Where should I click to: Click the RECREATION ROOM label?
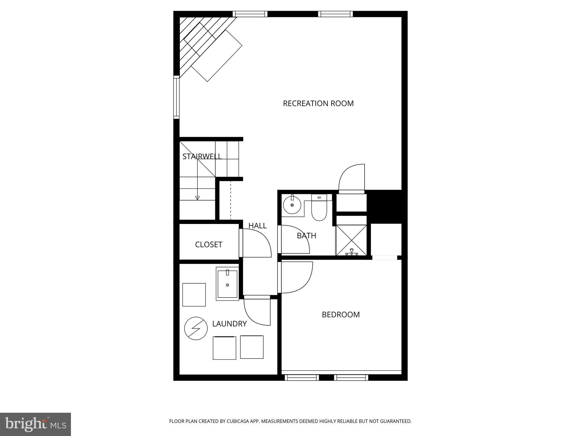point(318,103)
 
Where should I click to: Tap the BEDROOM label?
point(341,315)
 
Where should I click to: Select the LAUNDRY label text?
point(230,324)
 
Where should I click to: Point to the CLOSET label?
point(209,244)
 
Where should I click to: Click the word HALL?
point(258,226)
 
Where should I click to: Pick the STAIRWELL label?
point(202,156)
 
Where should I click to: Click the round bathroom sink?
point(292,204)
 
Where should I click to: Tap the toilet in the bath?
point(319,207)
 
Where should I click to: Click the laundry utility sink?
point(227,284)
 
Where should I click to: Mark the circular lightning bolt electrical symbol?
point(196,328)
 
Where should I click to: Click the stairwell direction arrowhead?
point(197,198)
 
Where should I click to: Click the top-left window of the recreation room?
point(250,14)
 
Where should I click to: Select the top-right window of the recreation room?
point(335,14)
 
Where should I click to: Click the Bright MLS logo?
point(35,424)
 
